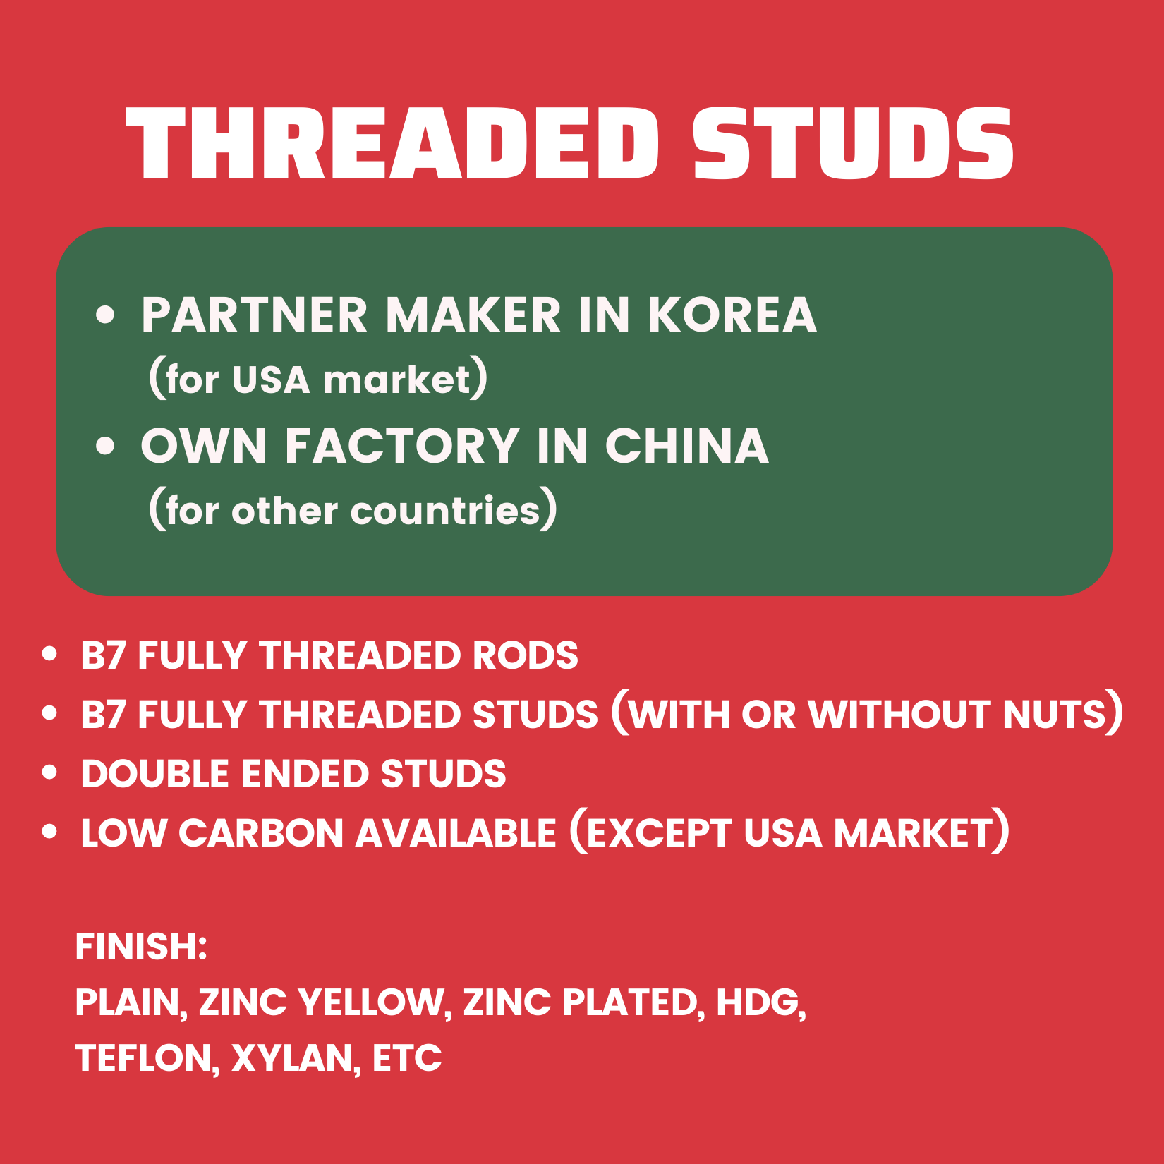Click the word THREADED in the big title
(392, 144)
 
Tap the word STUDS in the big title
(853, 144)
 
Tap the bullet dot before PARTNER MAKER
(105, 315)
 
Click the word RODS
(525, 655)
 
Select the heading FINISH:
(141, 947)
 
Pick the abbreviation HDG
(758, 1002)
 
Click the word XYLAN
(291, 1058)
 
